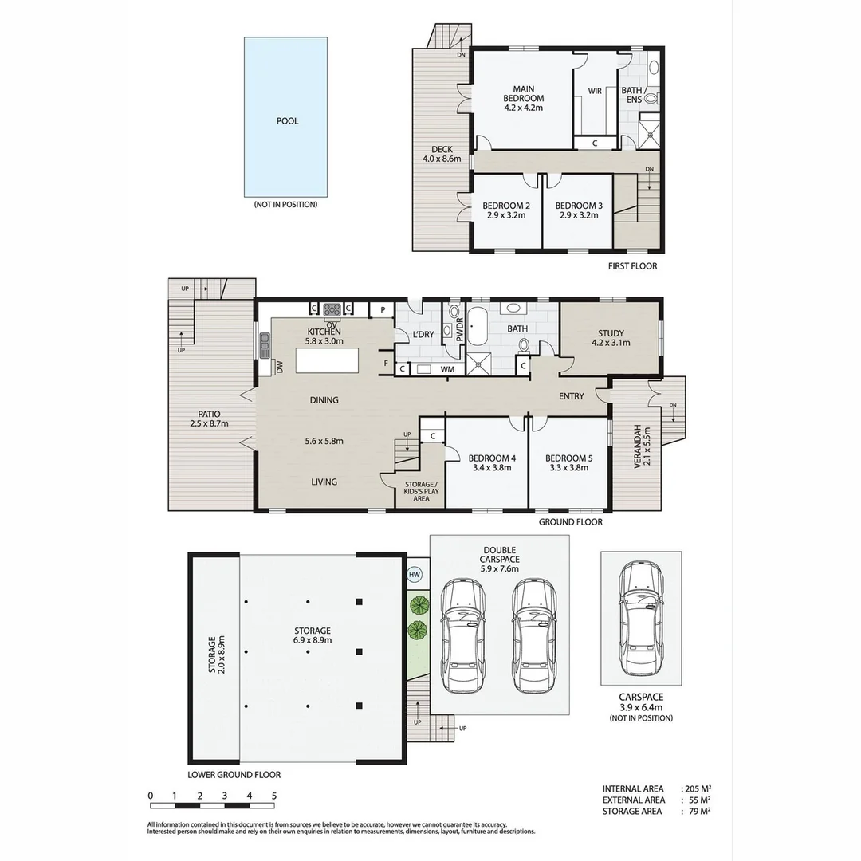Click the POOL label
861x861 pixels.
click(287, 121)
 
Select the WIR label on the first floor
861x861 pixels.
click(595, 91)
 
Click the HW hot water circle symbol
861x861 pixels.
click(415, 573)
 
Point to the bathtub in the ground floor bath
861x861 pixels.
click(478, 330)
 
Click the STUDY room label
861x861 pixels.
click(610, 338)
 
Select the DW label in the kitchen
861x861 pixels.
click(280, 367)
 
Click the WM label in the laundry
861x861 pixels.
click(447, 369)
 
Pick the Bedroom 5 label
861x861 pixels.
click(568, 462)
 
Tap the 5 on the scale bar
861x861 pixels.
click(273, 796)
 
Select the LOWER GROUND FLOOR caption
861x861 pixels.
click(234, 774)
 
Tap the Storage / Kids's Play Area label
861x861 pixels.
click(420, 490)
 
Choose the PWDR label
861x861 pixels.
click(460, 330)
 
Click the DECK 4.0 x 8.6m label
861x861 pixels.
click(442, 154)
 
